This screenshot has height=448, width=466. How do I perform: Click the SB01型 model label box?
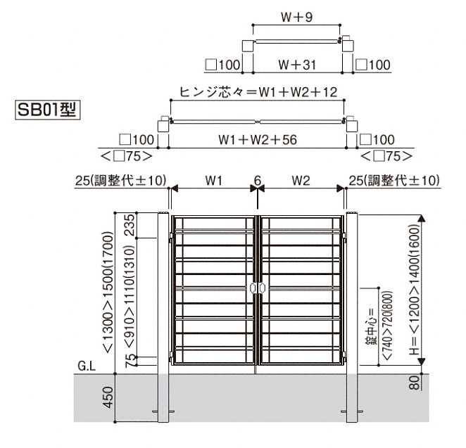pos(48,110)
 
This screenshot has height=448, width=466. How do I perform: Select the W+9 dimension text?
pos(297,17)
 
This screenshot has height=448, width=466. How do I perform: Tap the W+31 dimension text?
pos(297,65)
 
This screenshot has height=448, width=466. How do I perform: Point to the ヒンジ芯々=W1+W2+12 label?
pos(258,92)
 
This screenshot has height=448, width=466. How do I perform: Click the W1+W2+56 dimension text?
pos(258,139)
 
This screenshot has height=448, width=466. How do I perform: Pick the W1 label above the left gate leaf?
pos(214,181)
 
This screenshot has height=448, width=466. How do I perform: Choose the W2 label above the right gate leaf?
pos(301,181)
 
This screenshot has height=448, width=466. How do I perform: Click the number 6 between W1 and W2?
pos(258,181)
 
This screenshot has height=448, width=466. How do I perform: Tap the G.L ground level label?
pos(87,366)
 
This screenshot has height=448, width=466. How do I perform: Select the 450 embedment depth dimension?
pos(108,397)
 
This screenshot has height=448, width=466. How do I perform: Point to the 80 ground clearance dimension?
pos(415,382)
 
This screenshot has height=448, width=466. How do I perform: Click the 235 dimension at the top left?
pos(130,225)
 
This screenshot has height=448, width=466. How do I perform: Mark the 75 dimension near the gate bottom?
pos(130,361)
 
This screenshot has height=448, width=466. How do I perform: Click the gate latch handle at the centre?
pos(258,288)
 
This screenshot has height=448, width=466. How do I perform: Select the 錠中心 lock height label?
pos(371,326)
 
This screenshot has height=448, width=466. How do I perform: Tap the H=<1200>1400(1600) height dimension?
pos(415,290)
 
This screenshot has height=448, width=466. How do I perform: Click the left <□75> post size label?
pos(127,156)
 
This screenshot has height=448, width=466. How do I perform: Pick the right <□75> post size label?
pos(386,156)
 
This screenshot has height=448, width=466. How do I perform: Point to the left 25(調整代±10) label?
pos(120,181)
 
